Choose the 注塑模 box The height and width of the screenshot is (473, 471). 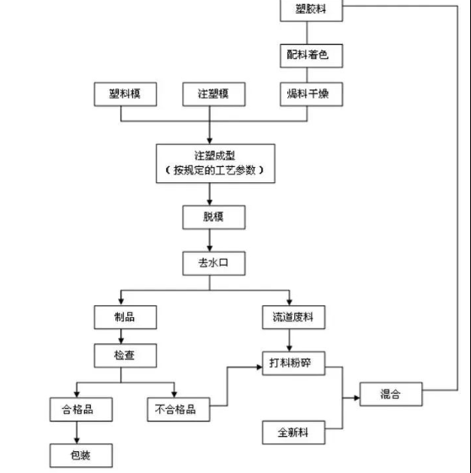click(215, 95)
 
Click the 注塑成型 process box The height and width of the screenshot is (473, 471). click(215, 162)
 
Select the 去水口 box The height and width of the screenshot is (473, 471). click(215, 264)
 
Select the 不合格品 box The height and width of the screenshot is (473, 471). click(176, 410)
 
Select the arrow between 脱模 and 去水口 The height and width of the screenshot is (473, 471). click(215, 240)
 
